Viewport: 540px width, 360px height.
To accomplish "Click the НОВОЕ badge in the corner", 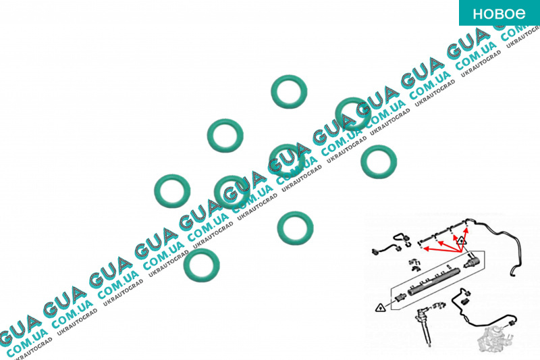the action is point(500,13).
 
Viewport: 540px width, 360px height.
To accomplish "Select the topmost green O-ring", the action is point(289,92).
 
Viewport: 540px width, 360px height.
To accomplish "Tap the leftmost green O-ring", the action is point(172,191).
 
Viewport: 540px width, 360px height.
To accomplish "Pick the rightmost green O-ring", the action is point(379,162).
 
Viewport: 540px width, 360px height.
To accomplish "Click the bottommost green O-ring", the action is point(201,265).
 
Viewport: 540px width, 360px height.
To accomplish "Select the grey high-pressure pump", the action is point(492,338).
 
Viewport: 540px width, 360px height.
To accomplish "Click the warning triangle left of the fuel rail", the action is point(380,307).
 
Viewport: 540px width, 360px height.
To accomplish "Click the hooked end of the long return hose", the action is point(512,272).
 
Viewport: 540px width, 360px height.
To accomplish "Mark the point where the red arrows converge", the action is point(461,254).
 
